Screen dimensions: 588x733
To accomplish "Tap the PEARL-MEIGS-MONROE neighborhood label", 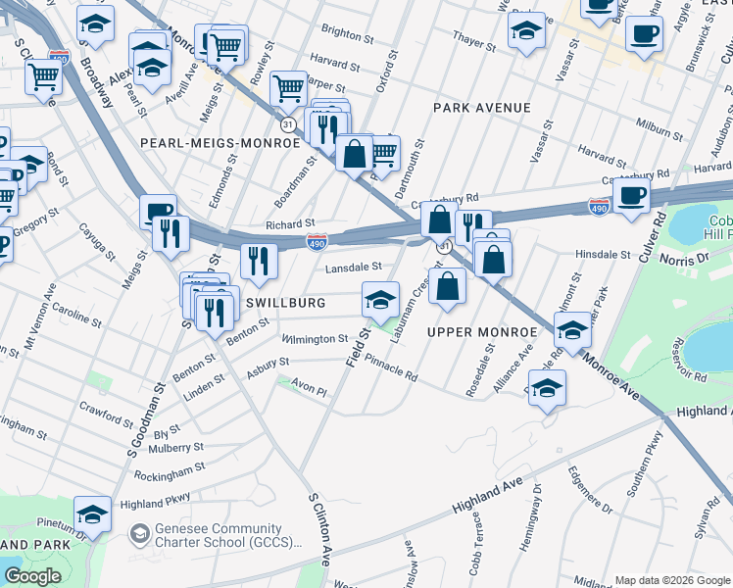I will coord(220,143).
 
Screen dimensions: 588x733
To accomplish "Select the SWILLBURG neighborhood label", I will coord(285,303).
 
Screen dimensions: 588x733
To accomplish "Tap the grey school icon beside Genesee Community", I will coord(139,533).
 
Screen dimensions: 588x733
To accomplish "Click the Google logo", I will coord(32,576).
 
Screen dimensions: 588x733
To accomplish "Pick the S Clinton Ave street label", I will coord(318,530).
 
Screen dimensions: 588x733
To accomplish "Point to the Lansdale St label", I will coord(353,267).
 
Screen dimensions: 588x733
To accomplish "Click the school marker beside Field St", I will coord(380,299).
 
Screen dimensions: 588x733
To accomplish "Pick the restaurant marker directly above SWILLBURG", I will coord(259,261).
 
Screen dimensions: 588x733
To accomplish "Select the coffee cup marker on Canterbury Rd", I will coord(632,196).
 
